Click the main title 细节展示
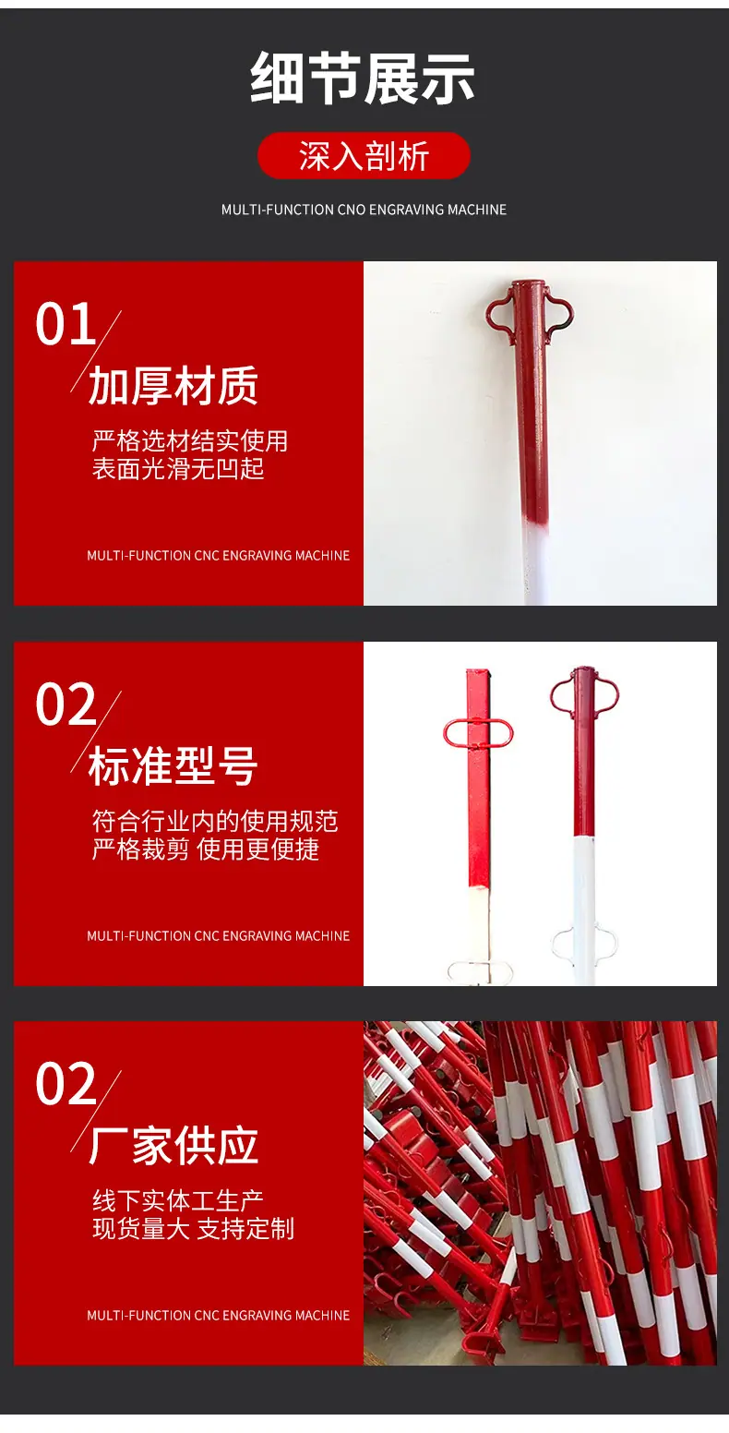[x=363, y=78]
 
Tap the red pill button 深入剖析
[x=364, y=155]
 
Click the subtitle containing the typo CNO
[x=364, y=210]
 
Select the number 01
[x=66, y=324]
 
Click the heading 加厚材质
[x=173, y=386]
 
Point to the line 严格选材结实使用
[x=190, y=440]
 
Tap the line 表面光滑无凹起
[x=178, y=469]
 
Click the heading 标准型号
[x=173, y=765]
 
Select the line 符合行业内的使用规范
[x=215, y=821]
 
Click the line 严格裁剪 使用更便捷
[x=205, y=849]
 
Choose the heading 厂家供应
[x=173, y=1146]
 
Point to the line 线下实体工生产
[x=178, y=1200]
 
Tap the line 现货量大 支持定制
[x=193, y=1229]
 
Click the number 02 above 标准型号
[x=66, y=704]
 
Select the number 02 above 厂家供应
[x=66, y=1084]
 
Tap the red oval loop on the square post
[x=446, y=734]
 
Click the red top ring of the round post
[x=553, y=694]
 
